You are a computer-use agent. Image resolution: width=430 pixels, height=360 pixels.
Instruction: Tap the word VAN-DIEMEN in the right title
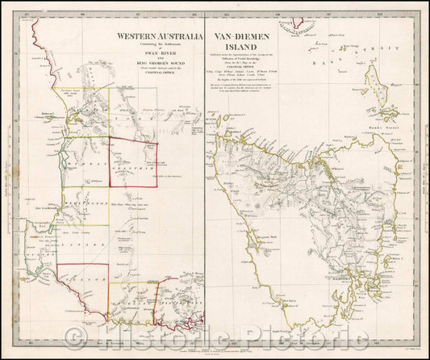(x=245, y=36)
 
